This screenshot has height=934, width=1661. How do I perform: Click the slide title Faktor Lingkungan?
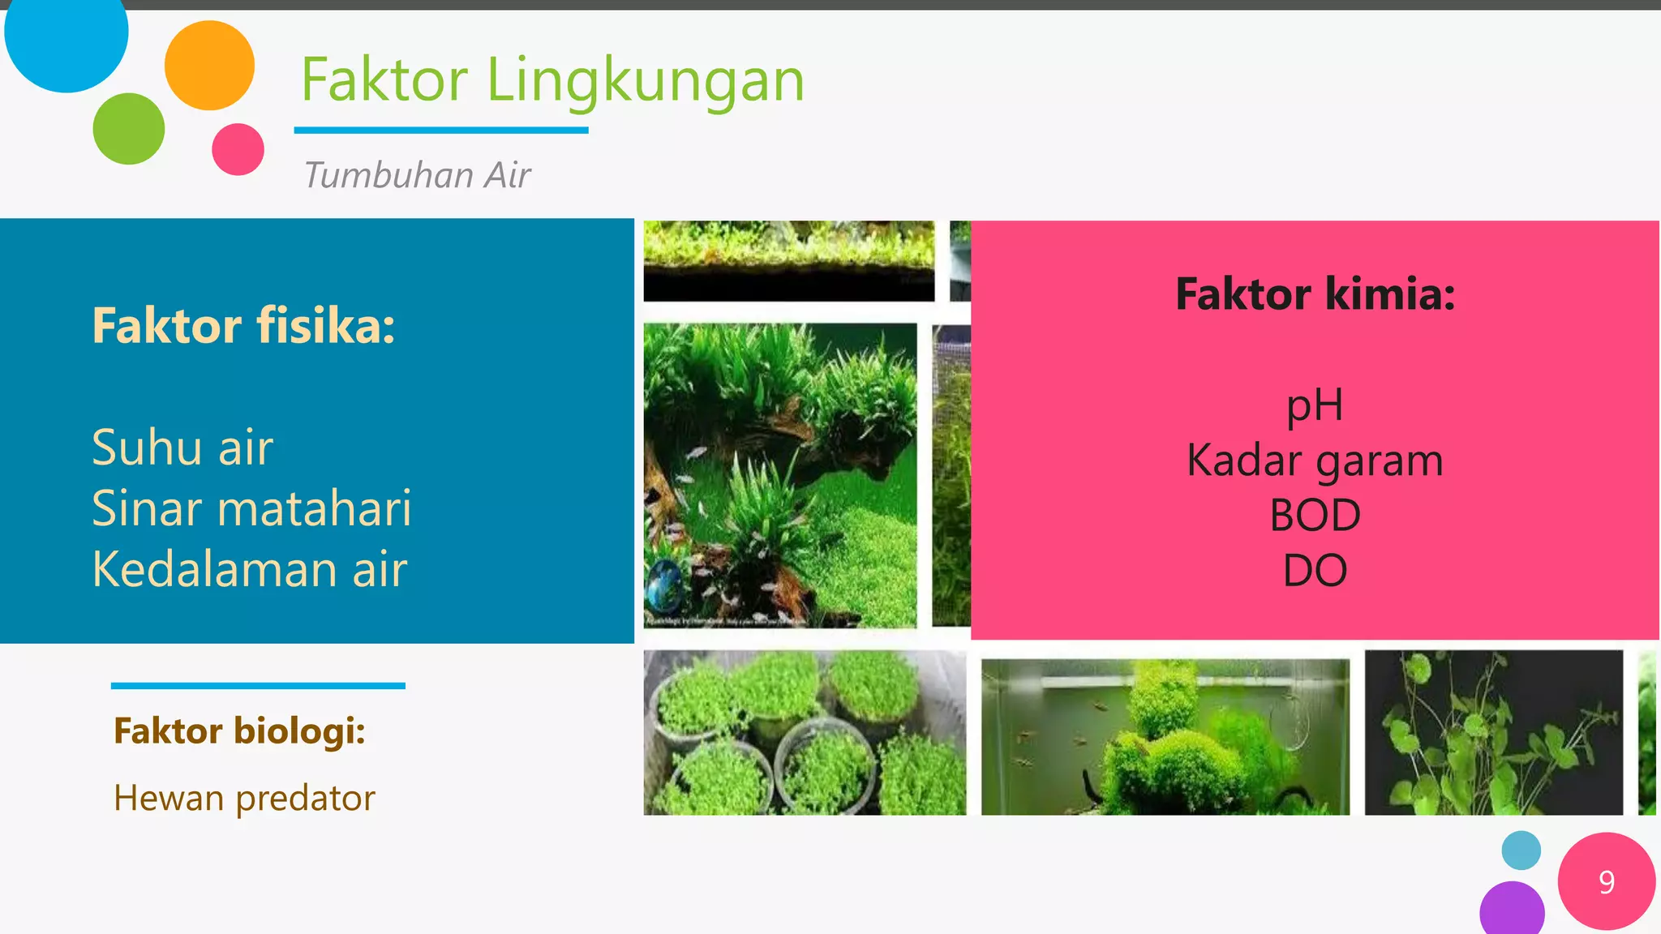tap(552, 81)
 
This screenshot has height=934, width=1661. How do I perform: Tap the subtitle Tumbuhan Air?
tap(417, 175)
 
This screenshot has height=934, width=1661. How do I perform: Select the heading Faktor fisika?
tap(243, 326)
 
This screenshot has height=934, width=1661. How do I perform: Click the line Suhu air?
tap(182, 448)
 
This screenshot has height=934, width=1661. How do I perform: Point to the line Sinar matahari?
tap(251, 508)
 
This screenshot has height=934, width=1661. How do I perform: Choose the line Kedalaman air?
tap(249, 569)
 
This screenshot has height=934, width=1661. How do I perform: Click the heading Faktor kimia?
tap(1315, 293)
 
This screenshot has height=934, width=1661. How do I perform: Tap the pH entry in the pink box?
tap(1315, 405)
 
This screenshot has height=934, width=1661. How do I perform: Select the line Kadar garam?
tap(1315, 461)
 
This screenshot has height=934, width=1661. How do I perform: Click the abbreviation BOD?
tap(1315, 516)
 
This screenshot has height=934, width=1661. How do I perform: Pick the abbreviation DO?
tap(1315, 571)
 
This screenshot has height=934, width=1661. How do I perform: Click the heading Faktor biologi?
tap(239, 731)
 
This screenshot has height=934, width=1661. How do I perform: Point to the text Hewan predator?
tap(244, 799)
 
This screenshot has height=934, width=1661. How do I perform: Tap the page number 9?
tap(1606, 881)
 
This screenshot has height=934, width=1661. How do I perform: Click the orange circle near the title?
tap(209, 66)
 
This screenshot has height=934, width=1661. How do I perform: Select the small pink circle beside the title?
tap(238, 149)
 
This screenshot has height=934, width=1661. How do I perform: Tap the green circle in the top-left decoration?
tap(129, 129)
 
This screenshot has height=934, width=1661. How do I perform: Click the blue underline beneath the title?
tap(441, 130)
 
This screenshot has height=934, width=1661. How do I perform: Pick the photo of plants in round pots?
tap(805, 733)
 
